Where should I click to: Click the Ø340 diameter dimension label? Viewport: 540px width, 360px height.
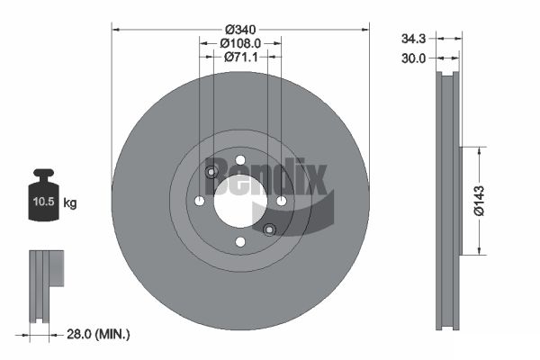click(x=240, y=30)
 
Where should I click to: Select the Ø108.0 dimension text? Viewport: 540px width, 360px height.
click(x=240, y=43)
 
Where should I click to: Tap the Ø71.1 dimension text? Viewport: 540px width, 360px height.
click(x=240, y=57)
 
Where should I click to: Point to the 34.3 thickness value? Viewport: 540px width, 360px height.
click(x=413, y=39)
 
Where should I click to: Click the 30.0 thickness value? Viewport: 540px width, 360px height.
click(x=413, y=58)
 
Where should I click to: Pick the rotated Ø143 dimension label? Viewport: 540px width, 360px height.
click(x=479, y=201)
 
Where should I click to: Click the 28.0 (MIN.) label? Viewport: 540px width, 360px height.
click(x=98, y=334)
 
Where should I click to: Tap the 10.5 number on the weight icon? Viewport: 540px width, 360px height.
click(x=44, y=202)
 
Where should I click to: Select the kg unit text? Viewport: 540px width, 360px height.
click(x=70, y=202)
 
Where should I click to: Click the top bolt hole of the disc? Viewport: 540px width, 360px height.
click(x=240, y=160)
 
